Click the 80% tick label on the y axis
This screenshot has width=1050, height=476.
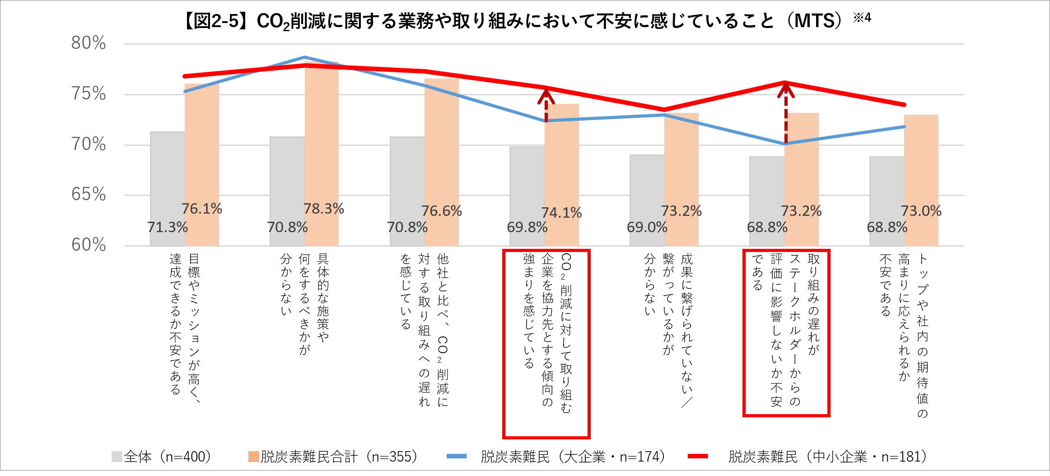coord(89,43)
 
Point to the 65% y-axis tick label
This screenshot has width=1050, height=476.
coord(89,195)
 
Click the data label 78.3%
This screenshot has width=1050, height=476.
coord(323,209)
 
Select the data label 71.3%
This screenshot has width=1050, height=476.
coord(168,227)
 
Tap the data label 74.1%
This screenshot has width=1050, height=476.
coord(561,213)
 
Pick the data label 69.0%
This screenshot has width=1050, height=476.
coord(647,227)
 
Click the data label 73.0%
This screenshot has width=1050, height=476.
coord(921,211)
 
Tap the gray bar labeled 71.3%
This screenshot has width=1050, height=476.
coord(168,181)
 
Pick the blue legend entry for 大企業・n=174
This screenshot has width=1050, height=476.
coord(556,457)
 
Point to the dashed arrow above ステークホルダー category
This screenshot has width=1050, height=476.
coord(785,113)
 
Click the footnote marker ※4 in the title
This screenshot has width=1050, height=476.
coord(862,18)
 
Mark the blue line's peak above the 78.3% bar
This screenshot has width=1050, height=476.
coord(305,57)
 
